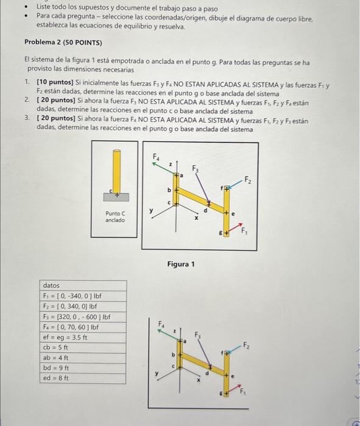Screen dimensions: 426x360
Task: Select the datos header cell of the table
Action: [52, 285]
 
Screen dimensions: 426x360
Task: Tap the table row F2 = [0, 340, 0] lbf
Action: [68, 306]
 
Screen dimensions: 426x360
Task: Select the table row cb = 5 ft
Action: [55, 347]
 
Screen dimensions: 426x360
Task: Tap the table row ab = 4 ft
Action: [55, 357]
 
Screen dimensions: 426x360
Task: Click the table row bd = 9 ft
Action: [55, 368]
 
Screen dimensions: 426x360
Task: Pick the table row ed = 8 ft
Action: [55, 378]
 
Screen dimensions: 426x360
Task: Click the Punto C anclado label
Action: [115, 217]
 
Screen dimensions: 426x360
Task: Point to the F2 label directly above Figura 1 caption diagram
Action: [247, 180]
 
